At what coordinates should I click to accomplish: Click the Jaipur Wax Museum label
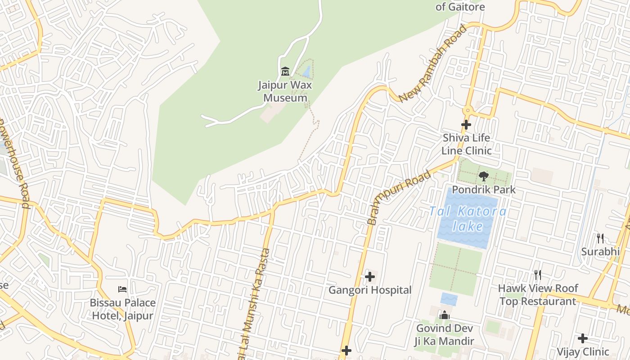[285, 91]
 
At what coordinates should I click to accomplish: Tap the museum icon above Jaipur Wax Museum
[285, 71]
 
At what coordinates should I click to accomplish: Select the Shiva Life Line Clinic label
[466, 144]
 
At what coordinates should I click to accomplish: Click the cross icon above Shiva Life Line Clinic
[466, 125]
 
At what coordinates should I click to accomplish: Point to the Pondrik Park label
[484, 189]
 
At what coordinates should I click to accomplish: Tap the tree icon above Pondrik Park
[484, 176]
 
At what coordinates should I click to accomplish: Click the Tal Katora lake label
[468, 218]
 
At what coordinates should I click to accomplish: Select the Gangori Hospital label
[370, 290]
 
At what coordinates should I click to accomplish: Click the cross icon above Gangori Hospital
[370, 276]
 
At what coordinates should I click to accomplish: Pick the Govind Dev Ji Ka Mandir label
[444, 335]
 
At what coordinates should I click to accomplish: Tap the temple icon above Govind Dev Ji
[445, 315]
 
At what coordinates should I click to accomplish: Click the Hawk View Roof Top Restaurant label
[538, 295]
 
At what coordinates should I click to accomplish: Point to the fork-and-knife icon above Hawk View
[537, 274]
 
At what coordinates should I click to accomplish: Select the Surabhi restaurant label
[600, 252]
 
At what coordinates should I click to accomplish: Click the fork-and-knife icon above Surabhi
[600, 238]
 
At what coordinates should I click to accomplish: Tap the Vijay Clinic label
[583, 351]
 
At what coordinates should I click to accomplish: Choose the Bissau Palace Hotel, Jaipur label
[122, 309]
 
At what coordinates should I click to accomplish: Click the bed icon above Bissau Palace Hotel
[122, 289]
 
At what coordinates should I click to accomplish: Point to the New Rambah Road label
[433, 63]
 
